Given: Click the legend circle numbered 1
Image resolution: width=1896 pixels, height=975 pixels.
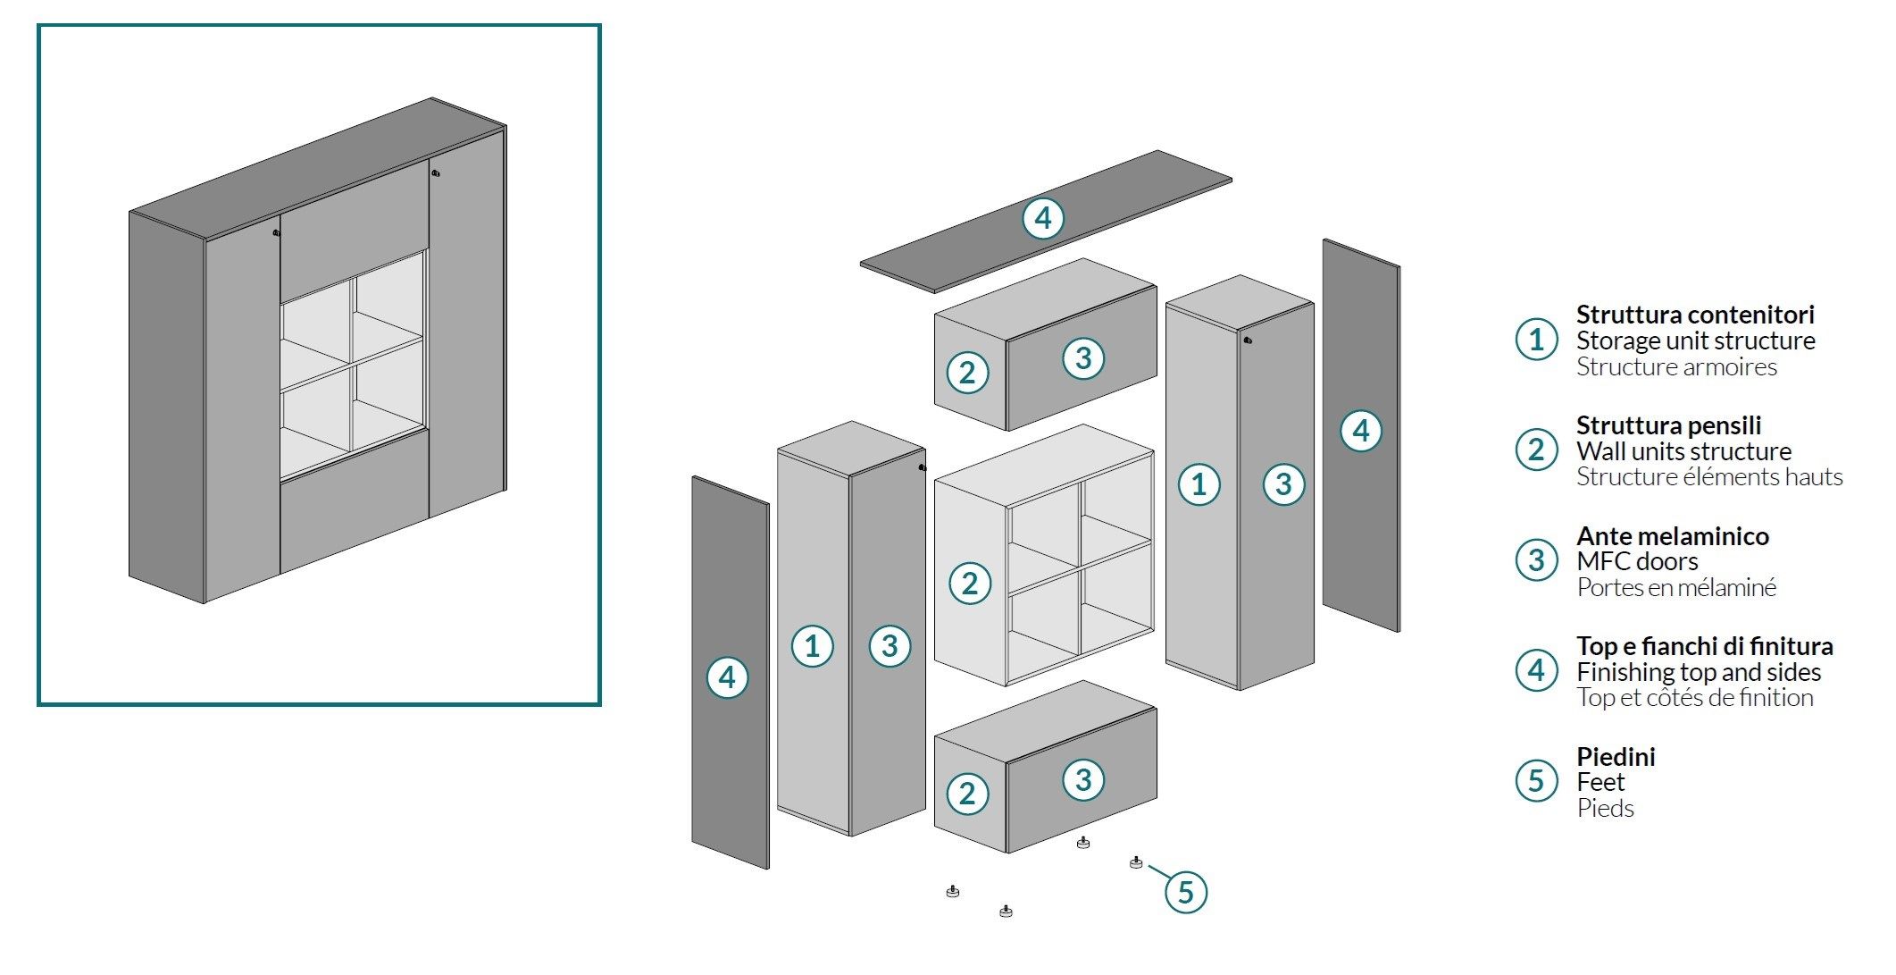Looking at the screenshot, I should point(1536,340).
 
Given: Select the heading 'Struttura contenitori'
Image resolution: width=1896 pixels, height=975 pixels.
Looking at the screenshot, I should point(1694,315).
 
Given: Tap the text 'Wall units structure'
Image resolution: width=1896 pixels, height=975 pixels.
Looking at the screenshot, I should point(1683,451).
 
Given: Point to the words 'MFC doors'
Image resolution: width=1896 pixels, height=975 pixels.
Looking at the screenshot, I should point(1636,561).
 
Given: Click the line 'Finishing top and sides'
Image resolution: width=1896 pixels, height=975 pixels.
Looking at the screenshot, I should point(1698,672).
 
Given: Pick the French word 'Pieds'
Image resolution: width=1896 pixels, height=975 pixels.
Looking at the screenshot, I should point(1605,809).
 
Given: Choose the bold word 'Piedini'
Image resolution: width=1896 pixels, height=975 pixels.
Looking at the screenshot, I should point(1615,757).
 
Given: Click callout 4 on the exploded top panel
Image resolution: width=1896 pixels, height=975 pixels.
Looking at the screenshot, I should point(1042,218).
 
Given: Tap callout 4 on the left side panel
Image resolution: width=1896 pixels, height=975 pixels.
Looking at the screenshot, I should point(727,677).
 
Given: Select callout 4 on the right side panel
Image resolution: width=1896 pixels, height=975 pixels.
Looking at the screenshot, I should point(1360,431).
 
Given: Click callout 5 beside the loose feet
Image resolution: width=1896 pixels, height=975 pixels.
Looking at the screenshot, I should point(1185,892).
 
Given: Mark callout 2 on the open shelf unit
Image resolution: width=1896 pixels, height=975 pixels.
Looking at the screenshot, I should point(969,584).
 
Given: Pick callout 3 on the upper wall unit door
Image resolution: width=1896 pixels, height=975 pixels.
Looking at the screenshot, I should point(1083,358).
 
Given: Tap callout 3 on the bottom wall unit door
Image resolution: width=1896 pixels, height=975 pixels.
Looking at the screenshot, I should point(1083,779).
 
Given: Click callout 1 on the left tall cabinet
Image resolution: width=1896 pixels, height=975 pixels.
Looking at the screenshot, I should point(812,646).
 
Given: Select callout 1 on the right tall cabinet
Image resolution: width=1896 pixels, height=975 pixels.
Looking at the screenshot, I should point(1199,484).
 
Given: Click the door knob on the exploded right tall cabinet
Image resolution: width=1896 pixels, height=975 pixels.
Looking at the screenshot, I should point(1248,340).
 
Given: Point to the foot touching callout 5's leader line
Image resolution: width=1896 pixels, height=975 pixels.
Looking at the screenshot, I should point(1135,862).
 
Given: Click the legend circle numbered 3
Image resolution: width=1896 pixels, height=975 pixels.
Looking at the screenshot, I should point(1536,560).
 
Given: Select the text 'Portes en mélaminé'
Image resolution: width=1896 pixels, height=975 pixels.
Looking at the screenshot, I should point(1675,588).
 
